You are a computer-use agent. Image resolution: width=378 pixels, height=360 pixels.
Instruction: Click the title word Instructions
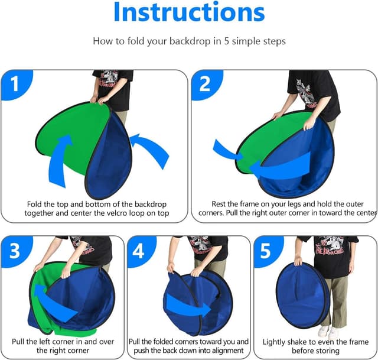point(189,12)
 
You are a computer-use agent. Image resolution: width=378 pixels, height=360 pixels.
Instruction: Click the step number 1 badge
point(17,85)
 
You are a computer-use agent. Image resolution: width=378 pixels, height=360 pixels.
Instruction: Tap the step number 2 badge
point(206,85)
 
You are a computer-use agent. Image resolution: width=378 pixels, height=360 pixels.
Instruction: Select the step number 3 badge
point(16,251)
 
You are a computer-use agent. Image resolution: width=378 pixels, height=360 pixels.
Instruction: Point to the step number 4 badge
point(141,251)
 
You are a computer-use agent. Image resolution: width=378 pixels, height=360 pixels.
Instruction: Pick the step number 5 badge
point(267,251)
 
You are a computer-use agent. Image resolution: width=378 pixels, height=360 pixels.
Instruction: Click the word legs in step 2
point(294,205)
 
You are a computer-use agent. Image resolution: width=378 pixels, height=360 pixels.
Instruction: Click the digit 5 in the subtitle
point(226,41)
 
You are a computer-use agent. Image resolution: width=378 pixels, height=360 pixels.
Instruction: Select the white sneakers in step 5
point(328,332)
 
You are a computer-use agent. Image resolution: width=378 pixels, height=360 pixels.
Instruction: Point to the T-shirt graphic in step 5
point(330,247)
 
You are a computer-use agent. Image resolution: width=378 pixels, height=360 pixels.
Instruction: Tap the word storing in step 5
point(327,351)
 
